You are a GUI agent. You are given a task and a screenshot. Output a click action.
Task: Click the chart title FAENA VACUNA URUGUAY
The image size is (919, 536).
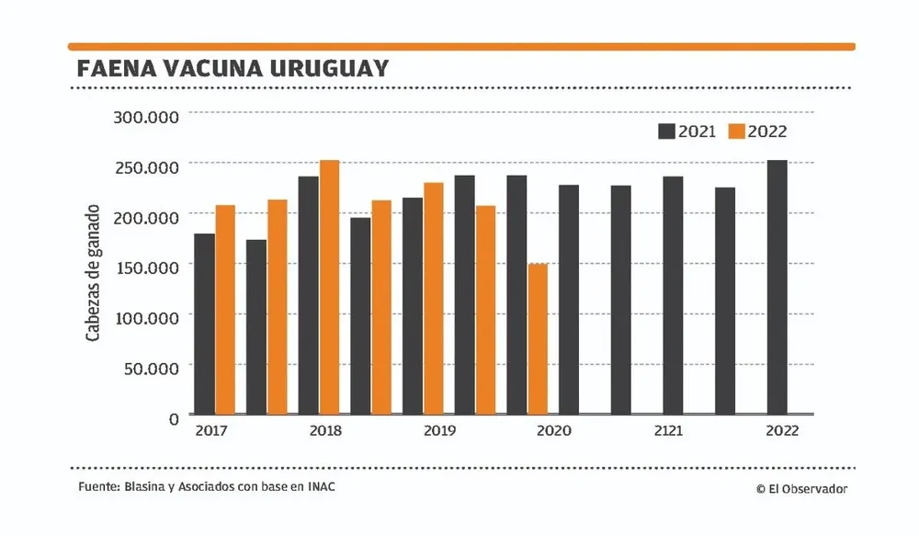233,70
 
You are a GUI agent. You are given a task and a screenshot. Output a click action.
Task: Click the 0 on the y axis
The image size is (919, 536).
173,418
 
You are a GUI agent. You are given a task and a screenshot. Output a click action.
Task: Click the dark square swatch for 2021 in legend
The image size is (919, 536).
666,131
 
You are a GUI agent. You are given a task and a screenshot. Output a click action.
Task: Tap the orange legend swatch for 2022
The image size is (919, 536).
736,131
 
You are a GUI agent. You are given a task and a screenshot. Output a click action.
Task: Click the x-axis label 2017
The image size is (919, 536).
212,430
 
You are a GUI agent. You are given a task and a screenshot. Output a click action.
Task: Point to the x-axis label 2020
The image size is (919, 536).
554,430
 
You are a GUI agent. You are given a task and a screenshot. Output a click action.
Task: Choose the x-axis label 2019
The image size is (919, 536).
439,430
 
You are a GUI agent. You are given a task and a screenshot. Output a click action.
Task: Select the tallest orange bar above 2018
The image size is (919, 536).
329,287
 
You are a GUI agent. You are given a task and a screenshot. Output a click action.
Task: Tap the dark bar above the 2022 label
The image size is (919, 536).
777,287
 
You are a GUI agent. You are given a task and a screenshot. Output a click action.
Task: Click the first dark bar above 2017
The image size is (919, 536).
204,324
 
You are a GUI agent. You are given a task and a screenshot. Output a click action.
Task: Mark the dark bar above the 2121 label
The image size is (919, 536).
673,295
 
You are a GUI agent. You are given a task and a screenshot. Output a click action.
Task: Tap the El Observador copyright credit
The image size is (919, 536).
801,489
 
